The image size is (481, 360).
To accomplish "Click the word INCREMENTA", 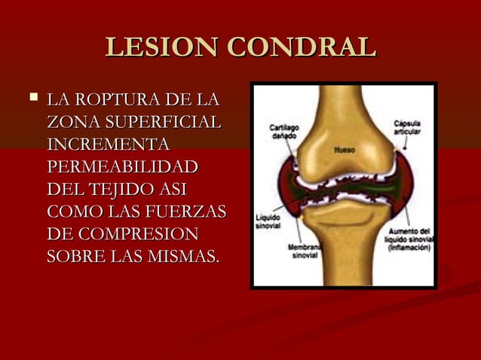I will click(107, 144).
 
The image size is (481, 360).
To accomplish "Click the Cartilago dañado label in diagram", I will click(284, 134).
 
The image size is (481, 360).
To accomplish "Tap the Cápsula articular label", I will click(408, 127).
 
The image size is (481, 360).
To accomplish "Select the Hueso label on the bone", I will click(344, 150).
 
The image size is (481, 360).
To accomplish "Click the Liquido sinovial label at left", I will click(268, 220).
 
